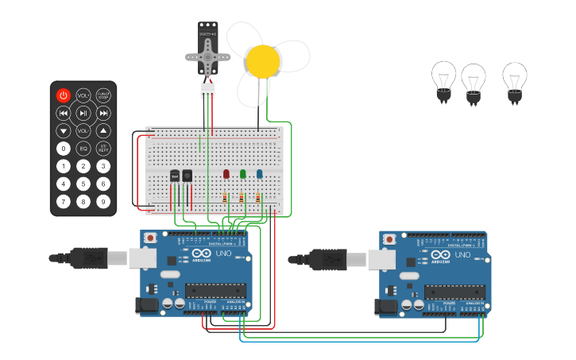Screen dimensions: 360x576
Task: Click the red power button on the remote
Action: (x=64, y=95)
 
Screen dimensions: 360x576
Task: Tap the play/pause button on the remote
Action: (x=83, y=113)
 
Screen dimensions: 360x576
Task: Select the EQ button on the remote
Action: (x=83, y=148)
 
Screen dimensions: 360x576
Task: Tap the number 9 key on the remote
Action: (x=103, y=202)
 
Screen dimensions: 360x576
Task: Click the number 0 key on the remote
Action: (x=64, y=148)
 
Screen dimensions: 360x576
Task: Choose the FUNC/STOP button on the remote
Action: (x=103, y=95)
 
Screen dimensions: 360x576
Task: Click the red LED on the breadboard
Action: (x=226, y=173)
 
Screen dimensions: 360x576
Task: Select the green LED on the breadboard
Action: (x=243, y=173)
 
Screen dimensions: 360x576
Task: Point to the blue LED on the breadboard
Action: (x=259, y=173)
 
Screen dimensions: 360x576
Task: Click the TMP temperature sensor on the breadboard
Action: (x=175, y=176)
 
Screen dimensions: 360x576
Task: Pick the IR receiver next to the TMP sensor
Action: (x=187, y=176)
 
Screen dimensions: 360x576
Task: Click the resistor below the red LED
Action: (x=226, y=197)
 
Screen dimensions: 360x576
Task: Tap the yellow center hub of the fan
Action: (x=263, y=61)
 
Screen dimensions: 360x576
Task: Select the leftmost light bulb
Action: (x=443, y=82)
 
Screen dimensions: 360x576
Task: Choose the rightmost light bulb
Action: (x=515, y=83)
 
